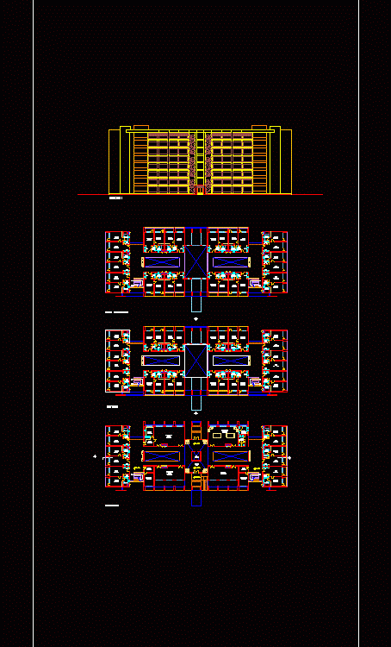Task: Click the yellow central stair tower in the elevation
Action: pyautogui.click(x=199, y=160)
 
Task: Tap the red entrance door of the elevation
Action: pyautogui.click(x=199, y=190)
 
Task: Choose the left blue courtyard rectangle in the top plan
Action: pyautogui.click(x=161, y=261)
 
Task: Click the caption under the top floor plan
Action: pyautogui.click(x=116, y=311)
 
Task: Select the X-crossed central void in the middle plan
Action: pyautogui.click(x=196, y=360)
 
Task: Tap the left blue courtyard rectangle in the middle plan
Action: pyautogui.click(x=161, y=360)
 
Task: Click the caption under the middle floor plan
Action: pyautogui.click(x=112, y=405)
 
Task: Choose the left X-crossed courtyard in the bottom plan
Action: pyautogui.click(x=161, y=455)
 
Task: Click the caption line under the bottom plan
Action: pyautogui.click(x=111, y=506)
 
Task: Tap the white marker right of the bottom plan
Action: pyautogui.click(x=290, y=457)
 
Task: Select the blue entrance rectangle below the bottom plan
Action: pyautogui.click(x=196, y=498)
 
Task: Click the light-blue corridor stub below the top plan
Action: pyautogui.click(x=196, y=304)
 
